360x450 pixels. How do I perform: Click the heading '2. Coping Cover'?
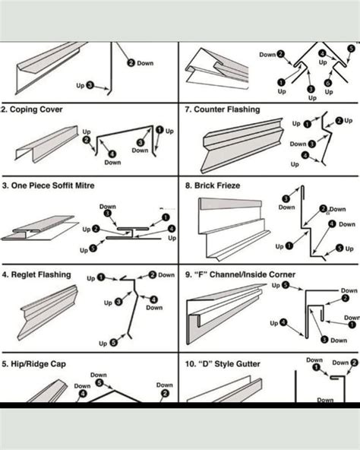pyautogui.click(x=32, y=109)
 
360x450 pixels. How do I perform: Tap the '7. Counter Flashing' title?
pyautogui.click(x=222, y=109)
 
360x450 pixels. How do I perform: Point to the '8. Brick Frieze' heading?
pyautogui.click(x=213, y=185)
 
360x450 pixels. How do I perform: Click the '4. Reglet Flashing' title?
pyautogui.click(x=36, y=274)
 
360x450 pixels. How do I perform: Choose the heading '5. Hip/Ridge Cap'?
pyautogui.click(x=33, y=364)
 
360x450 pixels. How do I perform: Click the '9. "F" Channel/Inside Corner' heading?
pyautogui.click(x=240, y=274)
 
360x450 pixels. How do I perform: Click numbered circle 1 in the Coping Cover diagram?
pyautogui.click(x=159, y=130)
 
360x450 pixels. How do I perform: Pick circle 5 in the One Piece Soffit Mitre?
pyautogui.click(x=93, y=248)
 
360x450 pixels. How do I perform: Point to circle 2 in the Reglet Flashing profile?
pyautogui.click(x=153, y=274)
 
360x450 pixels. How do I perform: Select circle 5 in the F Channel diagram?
pyautogui.click(x=286, y=286)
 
